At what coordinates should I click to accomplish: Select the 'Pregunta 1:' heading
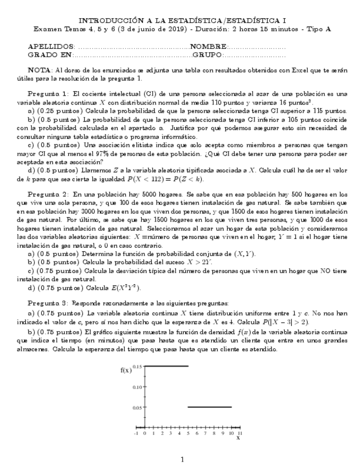(48, 93)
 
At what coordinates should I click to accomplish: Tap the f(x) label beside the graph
(126, 370)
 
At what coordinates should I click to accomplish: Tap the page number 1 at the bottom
(182, 459)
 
